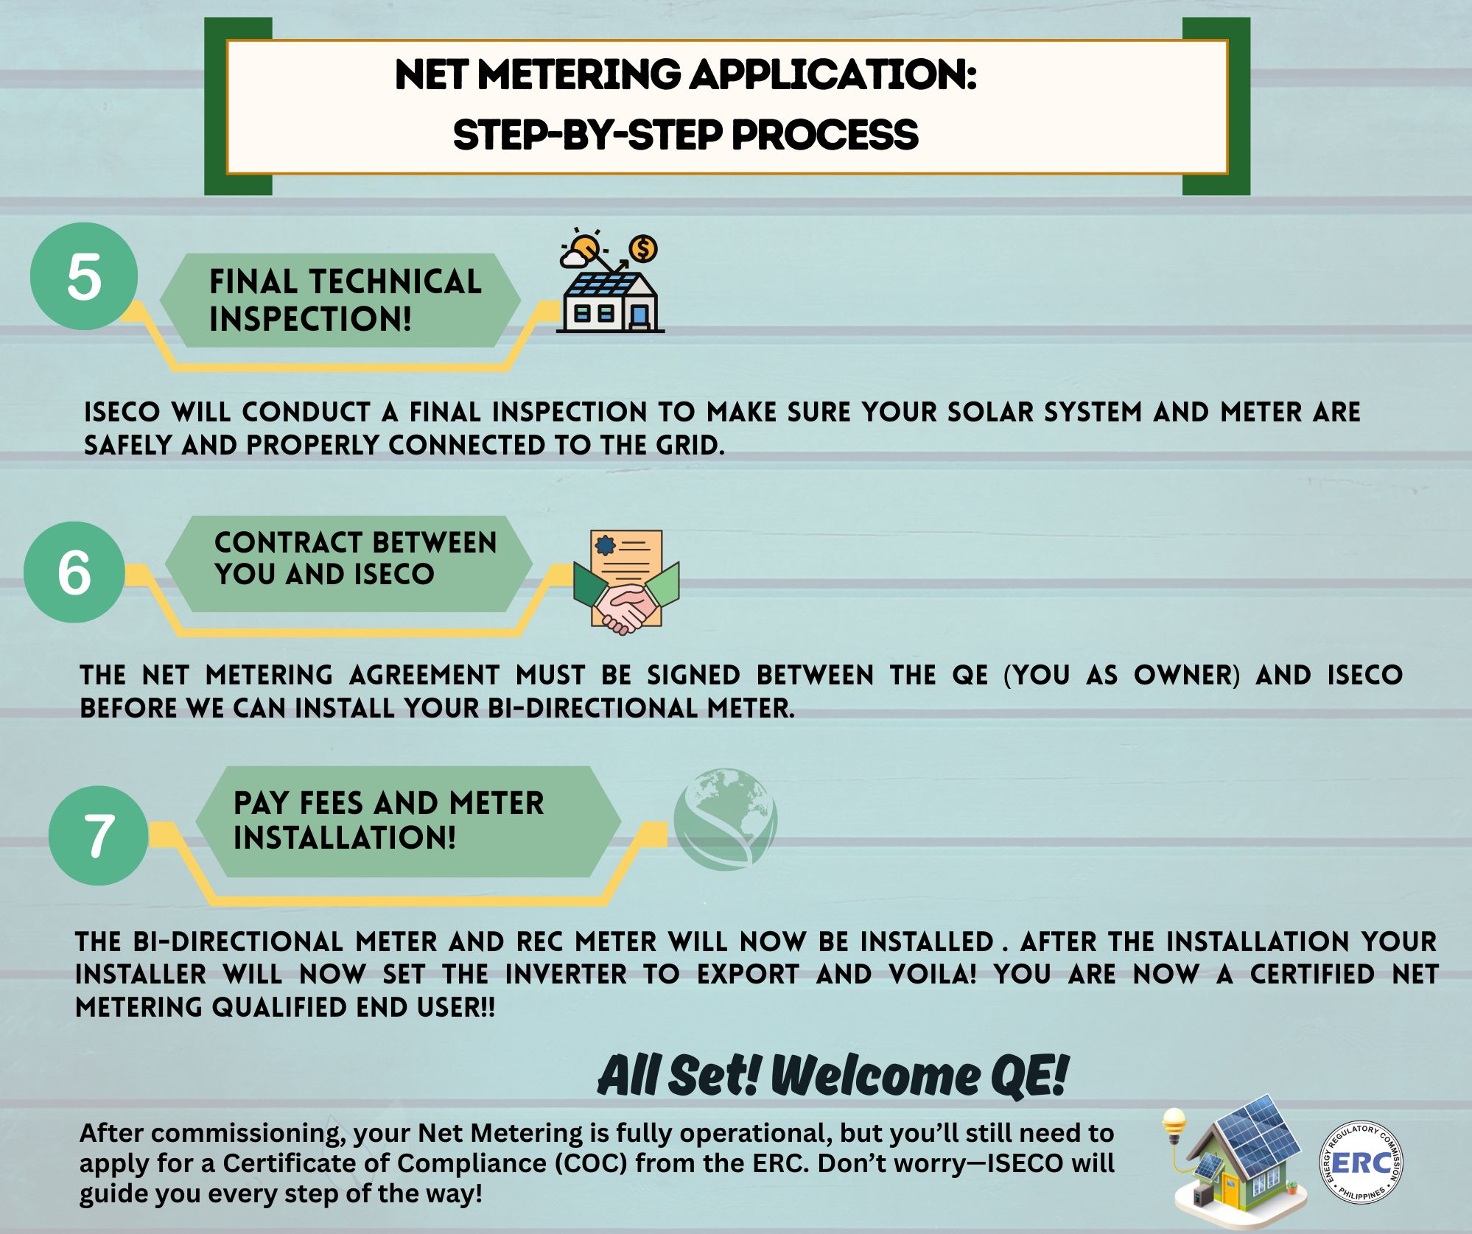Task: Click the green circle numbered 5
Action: click(x=84, y=276)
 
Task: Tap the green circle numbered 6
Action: click(x=74, y=572)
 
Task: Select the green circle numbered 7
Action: click(x=99, y=835)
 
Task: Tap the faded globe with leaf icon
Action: click(x=726, y=819)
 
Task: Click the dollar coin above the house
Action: click(x=643, y=249)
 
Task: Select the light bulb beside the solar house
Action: click(x=1174, y=1126)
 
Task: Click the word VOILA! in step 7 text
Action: click(x=933, y=974)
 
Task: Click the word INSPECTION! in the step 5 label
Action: click(x=310, y=319)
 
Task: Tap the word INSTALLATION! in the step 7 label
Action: click(x=345, y=838)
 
